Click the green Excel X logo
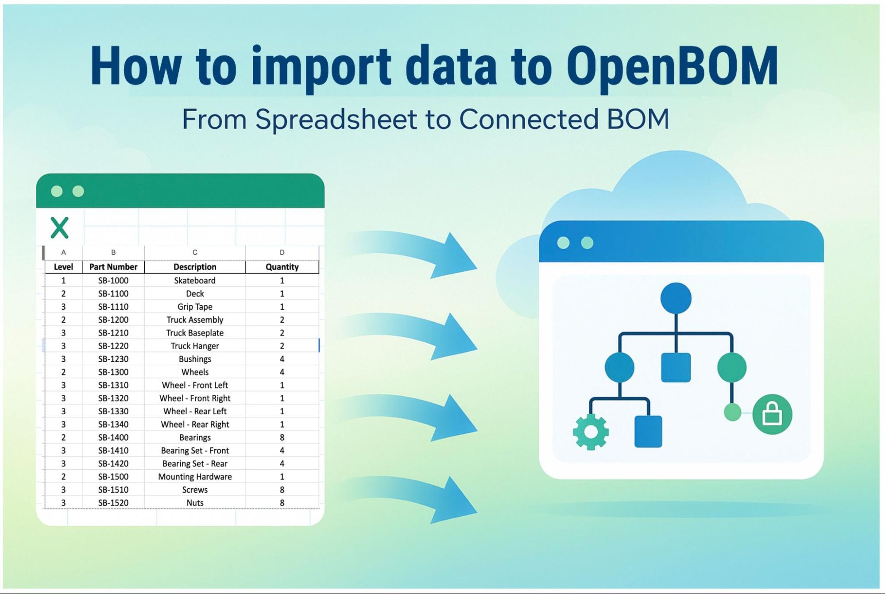click(60, 228)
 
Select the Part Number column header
click(113, 267)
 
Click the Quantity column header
click(282, 267)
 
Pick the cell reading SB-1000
click(113, 281)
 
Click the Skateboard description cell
click(195, 281)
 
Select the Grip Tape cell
click(195, 307)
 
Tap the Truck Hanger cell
click(195, 346)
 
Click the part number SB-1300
click(113, 372)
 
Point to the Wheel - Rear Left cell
click(195, 411)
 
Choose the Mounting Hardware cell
click(195, 477)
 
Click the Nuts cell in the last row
click(195, 503)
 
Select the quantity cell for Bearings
click(282, 437)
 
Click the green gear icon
click(591, 432)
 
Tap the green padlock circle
click(772, 414)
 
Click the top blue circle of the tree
click(676, 298)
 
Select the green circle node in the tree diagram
click(731, 367)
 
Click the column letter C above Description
click(195, 252)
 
